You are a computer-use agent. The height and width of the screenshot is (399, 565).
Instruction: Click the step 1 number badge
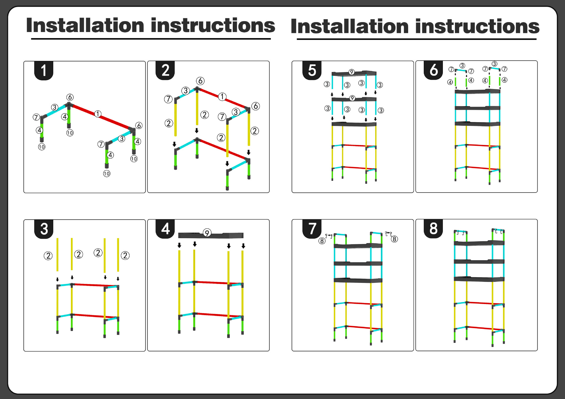tap(44, 71)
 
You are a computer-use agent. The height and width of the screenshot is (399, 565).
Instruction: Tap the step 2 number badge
tap(165, 71)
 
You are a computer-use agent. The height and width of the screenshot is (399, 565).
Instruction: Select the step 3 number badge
tap(44, 229)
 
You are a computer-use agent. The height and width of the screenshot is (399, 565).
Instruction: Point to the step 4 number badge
tap(165, 229)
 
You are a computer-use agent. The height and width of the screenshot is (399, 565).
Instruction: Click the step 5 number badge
tap(312, 71)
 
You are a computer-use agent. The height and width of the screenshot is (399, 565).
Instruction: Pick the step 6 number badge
tap(433, 70)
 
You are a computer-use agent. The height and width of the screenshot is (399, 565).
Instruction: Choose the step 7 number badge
tap(312, 229)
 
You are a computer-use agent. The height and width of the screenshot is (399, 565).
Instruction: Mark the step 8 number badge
tap(433, 228)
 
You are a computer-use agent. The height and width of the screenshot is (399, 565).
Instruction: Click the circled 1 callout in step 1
tap(98, 114)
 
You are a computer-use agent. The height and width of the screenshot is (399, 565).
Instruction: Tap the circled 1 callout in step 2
tap(222, 96)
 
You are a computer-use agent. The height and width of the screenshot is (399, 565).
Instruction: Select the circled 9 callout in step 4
tap(207, 233)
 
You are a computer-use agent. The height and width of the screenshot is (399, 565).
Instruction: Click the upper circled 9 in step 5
tap(351, 72)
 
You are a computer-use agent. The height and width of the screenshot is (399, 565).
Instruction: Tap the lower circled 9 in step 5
tap(352, 98)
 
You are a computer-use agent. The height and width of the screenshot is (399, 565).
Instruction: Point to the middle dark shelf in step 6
tap(477, 108)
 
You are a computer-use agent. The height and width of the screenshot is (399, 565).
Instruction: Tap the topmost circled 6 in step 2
tap(200, 81)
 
